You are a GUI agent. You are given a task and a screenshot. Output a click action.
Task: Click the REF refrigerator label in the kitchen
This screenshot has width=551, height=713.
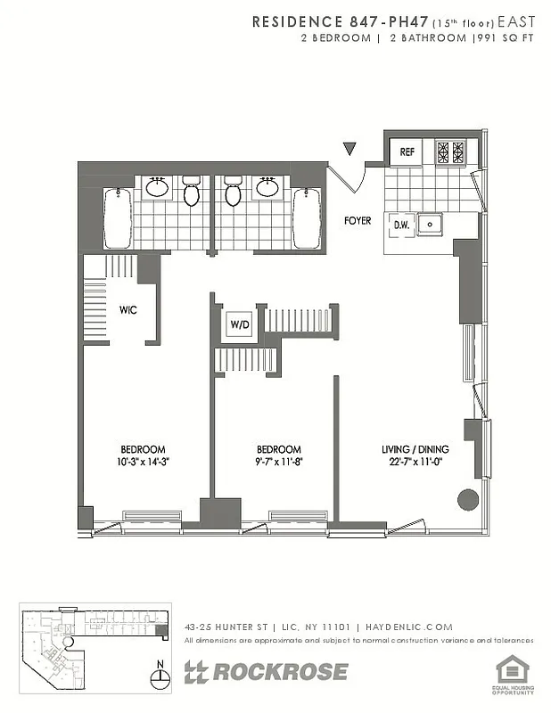click(407, 152)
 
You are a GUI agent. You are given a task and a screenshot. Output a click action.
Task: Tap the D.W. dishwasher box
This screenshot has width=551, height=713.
click(401, 225)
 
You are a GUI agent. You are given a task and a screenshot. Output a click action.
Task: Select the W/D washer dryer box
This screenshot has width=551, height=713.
click(239, 325)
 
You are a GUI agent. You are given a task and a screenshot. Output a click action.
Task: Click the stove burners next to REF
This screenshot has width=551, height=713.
click(450, 152)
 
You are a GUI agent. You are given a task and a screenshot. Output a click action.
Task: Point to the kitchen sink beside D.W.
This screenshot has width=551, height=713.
click(432, 225)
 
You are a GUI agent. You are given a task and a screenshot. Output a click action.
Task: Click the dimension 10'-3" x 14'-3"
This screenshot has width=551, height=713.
click(143, 463)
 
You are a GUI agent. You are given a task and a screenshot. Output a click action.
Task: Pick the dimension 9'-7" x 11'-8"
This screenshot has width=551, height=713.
click(278, 463)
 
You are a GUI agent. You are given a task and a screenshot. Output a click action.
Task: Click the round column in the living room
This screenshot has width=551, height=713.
click(467, 499)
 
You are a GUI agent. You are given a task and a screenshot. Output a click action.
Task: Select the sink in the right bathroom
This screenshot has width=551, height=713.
click(267, 187)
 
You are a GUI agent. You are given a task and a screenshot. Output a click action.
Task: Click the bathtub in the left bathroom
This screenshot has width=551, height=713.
click(117, 218)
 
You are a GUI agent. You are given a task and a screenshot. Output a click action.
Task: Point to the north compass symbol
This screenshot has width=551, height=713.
click(160, 677)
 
